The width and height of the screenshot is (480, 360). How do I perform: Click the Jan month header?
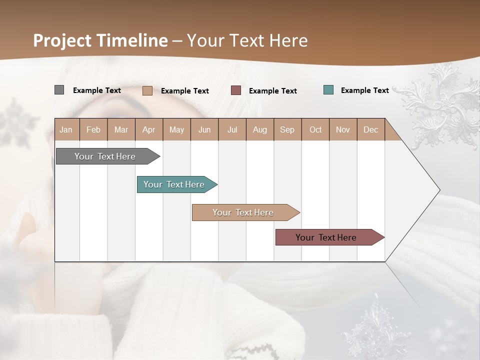coord(66,129)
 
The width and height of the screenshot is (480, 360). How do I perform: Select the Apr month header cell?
coord(148,129)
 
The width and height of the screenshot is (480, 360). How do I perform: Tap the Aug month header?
coord(259,129)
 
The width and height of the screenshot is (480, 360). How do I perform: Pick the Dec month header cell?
coord(370,129)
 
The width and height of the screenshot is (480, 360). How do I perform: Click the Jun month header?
coord(204,129)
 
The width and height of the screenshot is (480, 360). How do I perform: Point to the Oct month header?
coord(315,129)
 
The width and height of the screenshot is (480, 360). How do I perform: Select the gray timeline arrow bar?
coord(105,156)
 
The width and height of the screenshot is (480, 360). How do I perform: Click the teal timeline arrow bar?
coord(174,184)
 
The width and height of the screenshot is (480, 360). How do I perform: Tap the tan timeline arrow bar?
coord(243,212)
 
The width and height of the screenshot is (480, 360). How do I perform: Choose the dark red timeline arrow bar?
coord(326,237)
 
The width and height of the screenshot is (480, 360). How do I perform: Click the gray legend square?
coord(59,90)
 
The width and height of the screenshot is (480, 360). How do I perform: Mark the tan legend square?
coord(147,90)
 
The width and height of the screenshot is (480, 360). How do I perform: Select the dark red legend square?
coord(235,90)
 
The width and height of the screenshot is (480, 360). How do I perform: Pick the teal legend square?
coord(328,90)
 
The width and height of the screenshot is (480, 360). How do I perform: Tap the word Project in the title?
coord(62,40)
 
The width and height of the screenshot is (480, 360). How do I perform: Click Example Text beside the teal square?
coord(364,90)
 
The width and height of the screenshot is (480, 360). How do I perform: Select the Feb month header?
coord(93,129)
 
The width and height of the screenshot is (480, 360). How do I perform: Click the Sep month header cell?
coord(287,129)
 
